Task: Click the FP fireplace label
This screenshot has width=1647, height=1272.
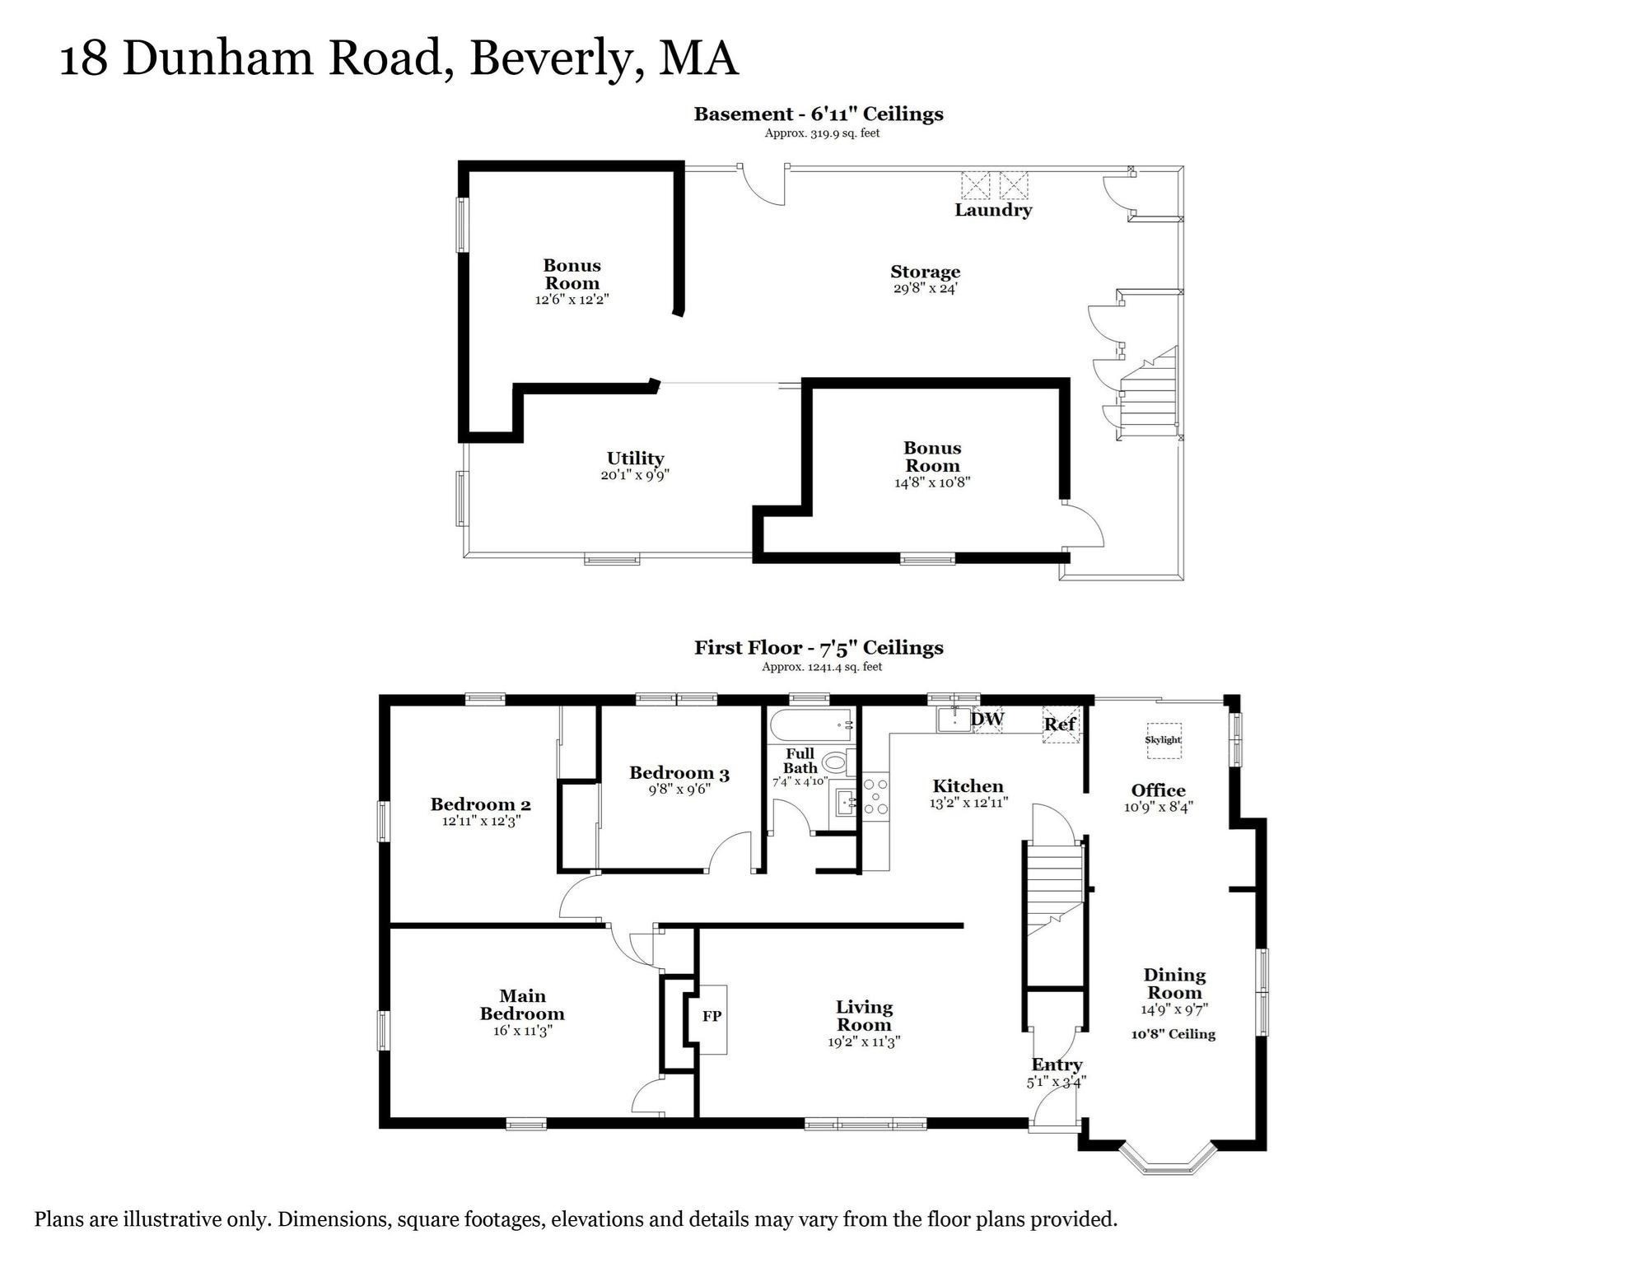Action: coord(712,1016)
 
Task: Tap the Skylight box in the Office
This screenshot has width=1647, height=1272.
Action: coord(1163,739)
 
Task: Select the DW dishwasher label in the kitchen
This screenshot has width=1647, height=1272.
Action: coord(987,719)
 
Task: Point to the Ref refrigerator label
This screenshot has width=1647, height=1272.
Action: coord(1060,725)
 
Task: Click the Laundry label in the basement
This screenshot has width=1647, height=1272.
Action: coord(993,210)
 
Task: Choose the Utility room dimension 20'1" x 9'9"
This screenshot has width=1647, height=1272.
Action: coord(635,475)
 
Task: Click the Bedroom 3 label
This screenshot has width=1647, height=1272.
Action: coord(679,772)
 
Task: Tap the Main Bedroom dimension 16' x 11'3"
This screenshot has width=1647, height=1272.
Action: coord(522,1031)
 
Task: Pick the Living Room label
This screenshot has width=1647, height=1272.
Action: coord(864,1015)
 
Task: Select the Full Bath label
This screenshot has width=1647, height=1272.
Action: coord(800,760)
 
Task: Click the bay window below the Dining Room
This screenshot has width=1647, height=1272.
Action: coord(1167,1159)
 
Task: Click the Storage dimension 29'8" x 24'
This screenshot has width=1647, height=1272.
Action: coord(925,289)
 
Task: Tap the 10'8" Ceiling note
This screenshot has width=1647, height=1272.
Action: coord(1173,1034)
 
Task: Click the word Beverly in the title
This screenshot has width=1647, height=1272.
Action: coord(557,59)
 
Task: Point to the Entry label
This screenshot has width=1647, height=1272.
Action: coord(1057,1065)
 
